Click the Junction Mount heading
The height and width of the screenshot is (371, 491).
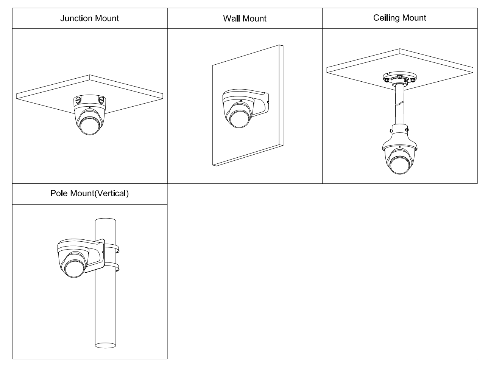[x=89, y=18]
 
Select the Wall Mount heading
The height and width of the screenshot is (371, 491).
[x=245, y=19]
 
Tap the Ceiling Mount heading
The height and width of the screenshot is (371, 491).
[x=399, y=18]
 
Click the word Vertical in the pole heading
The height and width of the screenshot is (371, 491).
[x=110, y=194]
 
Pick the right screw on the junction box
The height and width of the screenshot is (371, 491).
[x=101, y=100]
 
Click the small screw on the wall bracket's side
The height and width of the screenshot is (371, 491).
[x=268, y=102]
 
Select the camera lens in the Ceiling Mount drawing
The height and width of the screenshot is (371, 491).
[x=400, y=163]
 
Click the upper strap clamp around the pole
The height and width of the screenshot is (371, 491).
[x=114, y=248]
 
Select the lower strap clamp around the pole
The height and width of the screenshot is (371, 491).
[x=114, y=268]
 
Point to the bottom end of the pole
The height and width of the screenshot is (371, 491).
[x=105, y=345]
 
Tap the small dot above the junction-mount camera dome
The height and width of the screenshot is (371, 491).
[x=89, y=108]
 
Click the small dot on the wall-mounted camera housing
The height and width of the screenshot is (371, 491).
[x=239, y=101]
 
